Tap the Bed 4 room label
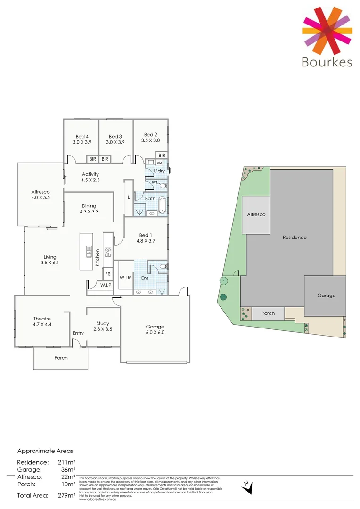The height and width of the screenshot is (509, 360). (x=81, y=137)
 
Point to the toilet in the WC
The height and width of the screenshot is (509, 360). (x=163, y=186)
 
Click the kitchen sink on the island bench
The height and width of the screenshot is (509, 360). (x=88, y=252)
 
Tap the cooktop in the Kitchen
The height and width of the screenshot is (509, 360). (x=107, y=252)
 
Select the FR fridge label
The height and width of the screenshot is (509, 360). (x=108, y=274)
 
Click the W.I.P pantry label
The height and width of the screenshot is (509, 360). (x=105, y=285)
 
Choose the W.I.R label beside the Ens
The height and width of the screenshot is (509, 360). (x=125, y=278)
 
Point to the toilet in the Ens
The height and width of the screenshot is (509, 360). (x=163, y=267)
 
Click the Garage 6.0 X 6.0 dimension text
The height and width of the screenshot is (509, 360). (x=155, y=333)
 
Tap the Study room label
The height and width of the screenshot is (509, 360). (x=103, y=323)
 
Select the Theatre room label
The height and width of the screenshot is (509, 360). (x=42, y=319)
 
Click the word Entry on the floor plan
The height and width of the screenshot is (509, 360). (x=78, y=333)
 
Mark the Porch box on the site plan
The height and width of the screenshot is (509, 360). (x=268, y=313)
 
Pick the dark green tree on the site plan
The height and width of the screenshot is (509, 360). (x=223, y=297)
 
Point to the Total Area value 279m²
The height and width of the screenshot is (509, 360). (x=66, y=495)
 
